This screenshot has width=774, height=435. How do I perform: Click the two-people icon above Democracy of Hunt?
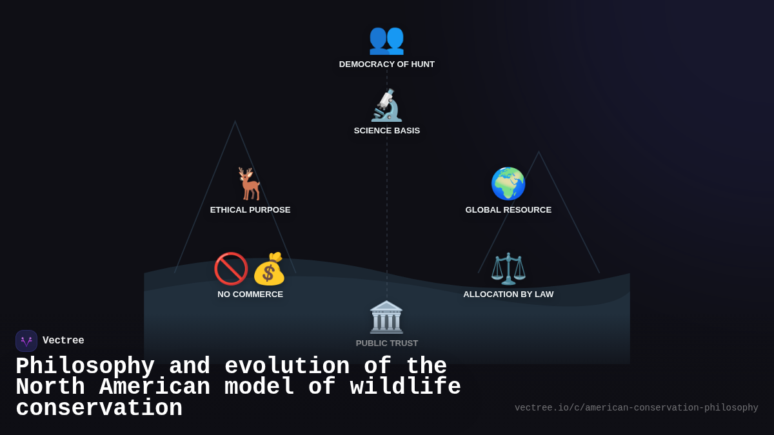click(386, 39)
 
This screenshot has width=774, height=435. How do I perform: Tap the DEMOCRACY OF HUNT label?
click(387, 64)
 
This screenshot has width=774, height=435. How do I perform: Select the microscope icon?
click(386, 106)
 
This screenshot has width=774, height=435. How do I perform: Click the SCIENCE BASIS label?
click(387, 131)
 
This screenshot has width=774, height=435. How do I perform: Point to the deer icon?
click(250, 184)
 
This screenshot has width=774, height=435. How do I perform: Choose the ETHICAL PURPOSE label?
click(250, 210)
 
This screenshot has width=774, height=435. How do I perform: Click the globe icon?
click(508, 184)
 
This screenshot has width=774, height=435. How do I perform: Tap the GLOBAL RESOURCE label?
click(508, 210)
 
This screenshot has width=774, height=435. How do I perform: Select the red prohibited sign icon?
click(231, 269)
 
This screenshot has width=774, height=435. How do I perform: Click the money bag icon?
click(269, 269)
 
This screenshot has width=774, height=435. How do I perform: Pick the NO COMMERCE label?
click(250, 295)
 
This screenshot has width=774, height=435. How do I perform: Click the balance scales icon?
click(508, 269)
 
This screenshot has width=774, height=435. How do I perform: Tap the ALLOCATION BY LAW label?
click(508, 295)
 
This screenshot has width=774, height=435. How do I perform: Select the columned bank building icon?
click(386, 317)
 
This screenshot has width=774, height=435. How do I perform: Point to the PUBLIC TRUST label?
click(387, 343)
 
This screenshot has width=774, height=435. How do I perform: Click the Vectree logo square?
click(26, 341)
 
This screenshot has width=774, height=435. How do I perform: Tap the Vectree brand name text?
click(63, 341)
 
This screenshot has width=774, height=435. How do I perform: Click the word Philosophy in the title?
click(85, 366)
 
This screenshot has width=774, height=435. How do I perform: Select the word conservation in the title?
click(99, 409)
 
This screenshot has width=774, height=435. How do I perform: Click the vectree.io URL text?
click(636, 408)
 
